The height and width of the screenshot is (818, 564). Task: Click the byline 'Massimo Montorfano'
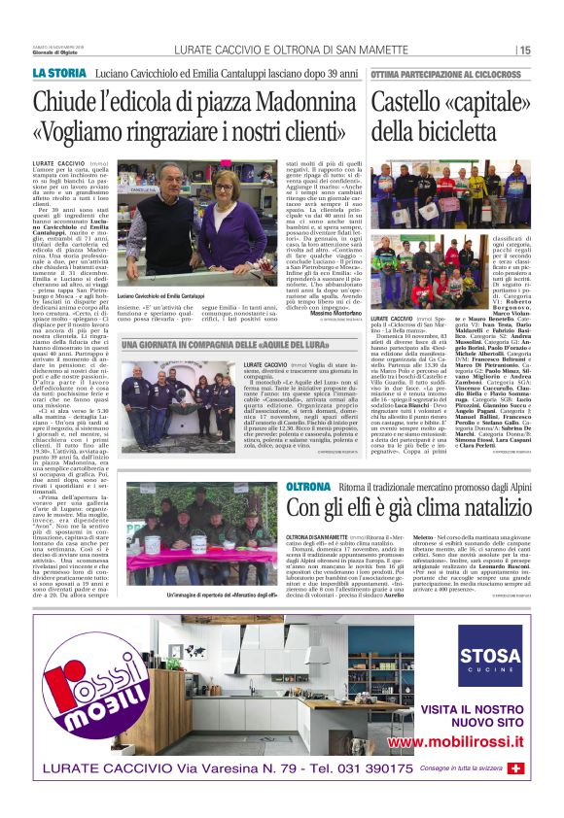(333, 338)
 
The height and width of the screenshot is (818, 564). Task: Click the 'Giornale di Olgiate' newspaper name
(53, 52)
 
